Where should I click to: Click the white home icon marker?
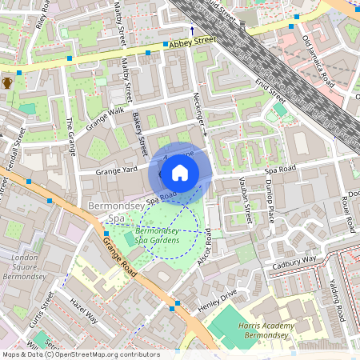(180, 173)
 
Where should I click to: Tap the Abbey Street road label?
(192, 41)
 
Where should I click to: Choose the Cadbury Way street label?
(294, 260)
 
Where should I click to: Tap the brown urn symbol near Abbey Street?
(7, 82)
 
